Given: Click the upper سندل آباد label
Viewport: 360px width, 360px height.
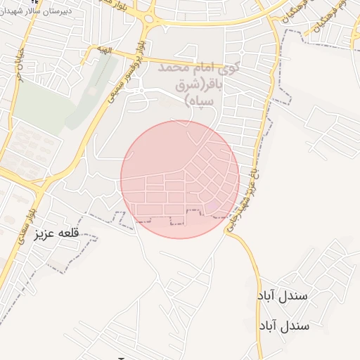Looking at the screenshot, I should point(283,295).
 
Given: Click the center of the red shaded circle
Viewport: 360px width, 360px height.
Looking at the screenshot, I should point(180,179).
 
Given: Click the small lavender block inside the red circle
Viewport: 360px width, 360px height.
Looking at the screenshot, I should point(212,206).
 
